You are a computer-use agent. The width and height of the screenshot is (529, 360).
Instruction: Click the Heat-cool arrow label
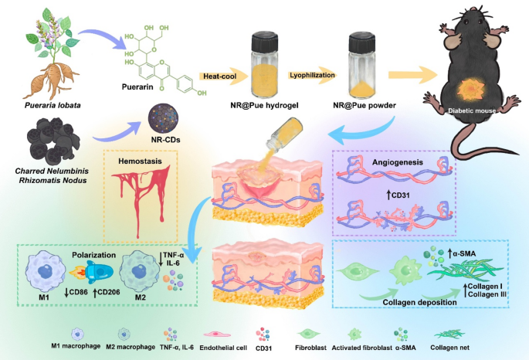(x=219, y=76)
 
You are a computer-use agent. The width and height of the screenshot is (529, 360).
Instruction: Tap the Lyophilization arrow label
(x=313, y=75)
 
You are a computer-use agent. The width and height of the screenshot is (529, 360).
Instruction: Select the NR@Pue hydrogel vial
(x=264, y=64)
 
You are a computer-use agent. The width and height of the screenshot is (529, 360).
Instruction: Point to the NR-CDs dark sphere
(x=163, y=119)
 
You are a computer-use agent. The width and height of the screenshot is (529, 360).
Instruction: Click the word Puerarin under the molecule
(x=137, y=87)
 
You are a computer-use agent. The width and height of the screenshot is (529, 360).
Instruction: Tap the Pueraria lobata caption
(x=53, y=105)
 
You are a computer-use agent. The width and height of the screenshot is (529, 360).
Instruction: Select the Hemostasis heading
(x=140, y=161)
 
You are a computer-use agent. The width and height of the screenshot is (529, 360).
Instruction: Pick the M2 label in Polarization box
(x=141, y=297)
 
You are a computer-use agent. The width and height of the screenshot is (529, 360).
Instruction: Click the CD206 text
(x=107, y=292)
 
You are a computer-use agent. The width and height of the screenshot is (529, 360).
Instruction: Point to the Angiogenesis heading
(x=398, y=162)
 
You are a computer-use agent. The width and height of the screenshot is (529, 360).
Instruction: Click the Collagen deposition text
(x=419, y=302)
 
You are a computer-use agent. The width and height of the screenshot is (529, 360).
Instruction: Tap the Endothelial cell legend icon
(x=216, y=335)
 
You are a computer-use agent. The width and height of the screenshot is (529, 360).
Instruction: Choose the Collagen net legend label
(x=449, y=348)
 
